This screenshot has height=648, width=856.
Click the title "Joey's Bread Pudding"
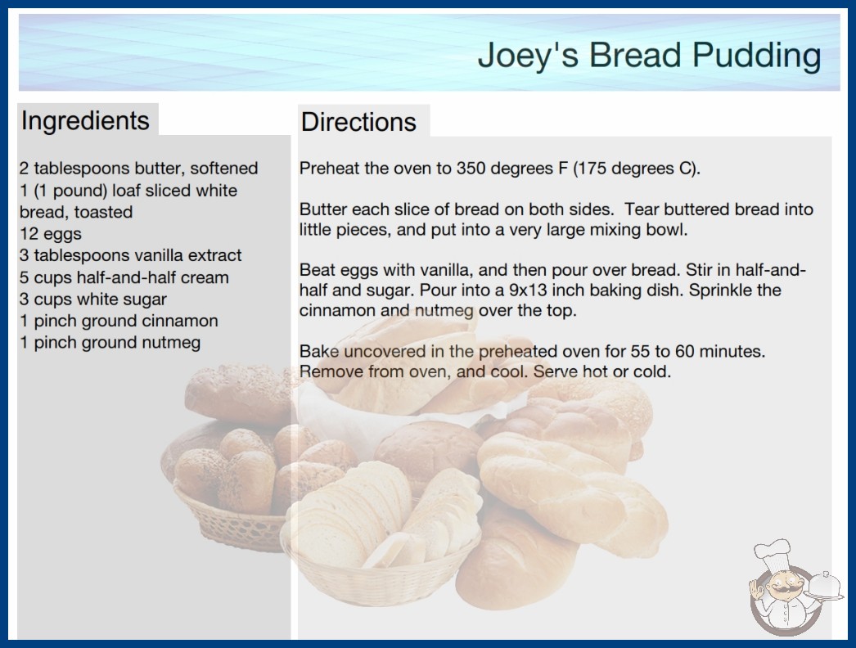click(649, 55)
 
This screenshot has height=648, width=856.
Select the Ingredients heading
click(85, 120)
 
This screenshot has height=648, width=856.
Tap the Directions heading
click(358, 122)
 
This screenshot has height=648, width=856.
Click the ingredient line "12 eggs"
click(50, 234)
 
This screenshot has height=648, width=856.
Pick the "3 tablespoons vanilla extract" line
click(130, 255)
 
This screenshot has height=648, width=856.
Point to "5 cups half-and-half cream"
click(124, 277)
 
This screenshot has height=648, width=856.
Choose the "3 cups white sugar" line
click(92, 299)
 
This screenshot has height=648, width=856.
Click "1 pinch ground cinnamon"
click(119, 321)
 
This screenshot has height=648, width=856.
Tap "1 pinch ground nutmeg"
click(110, 342)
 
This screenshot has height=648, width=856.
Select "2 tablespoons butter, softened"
click(138, 169)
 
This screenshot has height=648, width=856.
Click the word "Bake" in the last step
click(319, 351)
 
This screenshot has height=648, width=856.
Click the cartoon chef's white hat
click(773, 554)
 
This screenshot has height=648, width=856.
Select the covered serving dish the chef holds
click(825, 587)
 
